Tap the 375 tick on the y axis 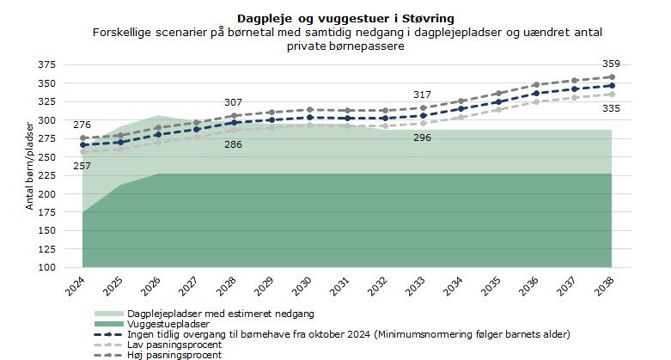(x=48, y=65)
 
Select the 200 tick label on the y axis (x=48, y=194)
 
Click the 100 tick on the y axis (x=48, y=268)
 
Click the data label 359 (x=611, y=64)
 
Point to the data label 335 (x=611, y=108)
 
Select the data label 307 (x=233, y=103)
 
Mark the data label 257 (x=82, y=166)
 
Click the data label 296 (x=422, y=137)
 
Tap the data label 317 (x=422, y=95)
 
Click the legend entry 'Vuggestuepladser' (x=168, y=324)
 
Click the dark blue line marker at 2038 (x=611, y=86)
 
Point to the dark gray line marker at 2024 (x=82, y=138)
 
